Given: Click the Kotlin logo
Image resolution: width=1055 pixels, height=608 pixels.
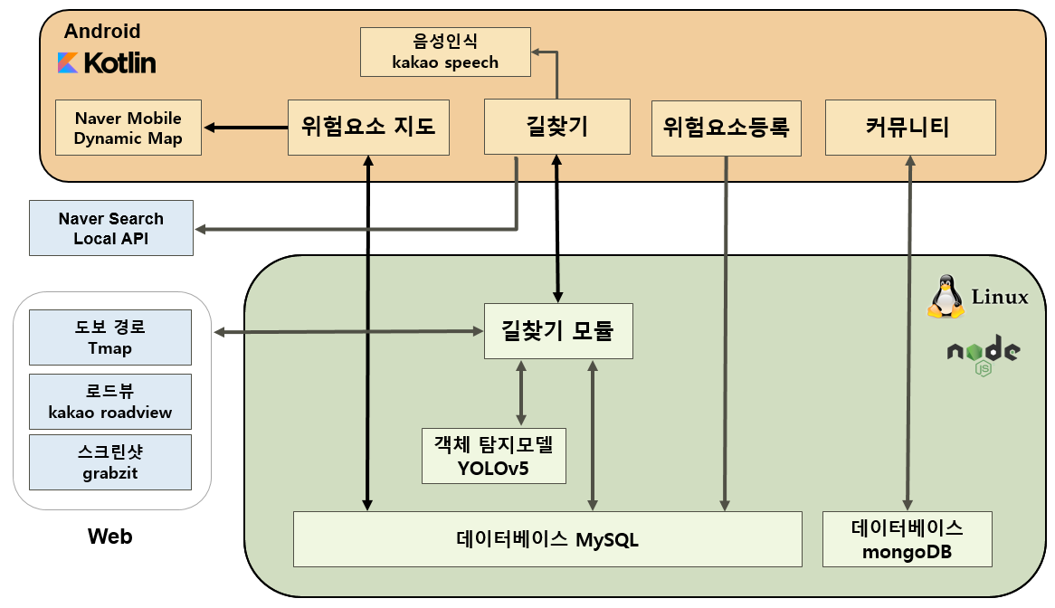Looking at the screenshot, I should [x=107, y=62].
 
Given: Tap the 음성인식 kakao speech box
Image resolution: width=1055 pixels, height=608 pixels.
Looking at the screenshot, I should [x=445, y=52].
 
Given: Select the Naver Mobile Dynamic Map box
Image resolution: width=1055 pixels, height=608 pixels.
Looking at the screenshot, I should [x=128, y=128].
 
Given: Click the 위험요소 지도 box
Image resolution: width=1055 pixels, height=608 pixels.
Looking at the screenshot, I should [x=368, y=127].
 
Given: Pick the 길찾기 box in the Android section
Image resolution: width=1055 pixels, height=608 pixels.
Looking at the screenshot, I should [x=557, y=127].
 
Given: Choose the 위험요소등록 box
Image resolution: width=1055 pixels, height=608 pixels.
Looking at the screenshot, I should [x=727, y=127].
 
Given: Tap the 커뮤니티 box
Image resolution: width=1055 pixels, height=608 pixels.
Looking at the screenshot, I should [x=910, y=127].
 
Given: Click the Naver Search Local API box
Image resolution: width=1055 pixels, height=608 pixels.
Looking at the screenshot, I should [x=111, y=228].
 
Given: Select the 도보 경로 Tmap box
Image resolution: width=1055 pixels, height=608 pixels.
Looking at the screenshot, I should [x=110, y=337].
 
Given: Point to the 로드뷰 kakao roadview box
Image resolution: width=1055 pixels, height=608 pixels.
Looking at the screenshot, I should [x=110, y=402].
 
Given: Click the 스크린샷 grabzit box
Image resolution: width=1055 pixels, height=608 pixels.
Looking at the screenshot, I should [x=110, y=462].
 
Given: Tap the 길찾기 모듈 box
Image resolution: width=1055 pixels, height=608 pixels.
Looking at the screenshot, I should [x=557, y=330].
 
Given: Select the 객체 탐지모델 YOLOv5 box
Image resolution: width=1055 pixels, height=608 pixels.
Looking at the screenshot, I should [x=493, y=455].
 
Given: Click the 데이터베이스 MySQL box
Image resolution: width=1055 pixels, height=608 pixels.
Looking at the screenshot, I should [x=547, y=539].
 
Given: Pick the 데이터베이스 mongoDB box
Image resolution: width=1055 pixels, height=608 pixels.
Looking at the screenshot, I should [x=907, y=539].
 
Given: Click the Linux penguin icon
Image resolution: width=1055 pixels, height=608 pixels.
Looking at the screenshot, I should [x=946, y=296].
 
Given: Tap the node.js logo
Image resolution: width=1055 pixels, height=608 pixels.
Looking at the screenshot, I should [x=984, y=355].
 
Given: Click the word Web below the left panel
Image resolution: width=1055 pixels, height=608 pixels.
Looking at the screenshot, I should [x=110, y=537].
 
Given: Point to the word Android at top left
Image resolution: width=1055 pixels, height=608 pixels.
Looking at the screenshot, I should [x=102, y=32].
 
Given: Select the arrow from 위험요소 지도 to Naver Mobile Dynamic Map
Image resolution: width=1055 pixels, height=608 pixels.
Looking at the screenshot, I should [x=244, y=128].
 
